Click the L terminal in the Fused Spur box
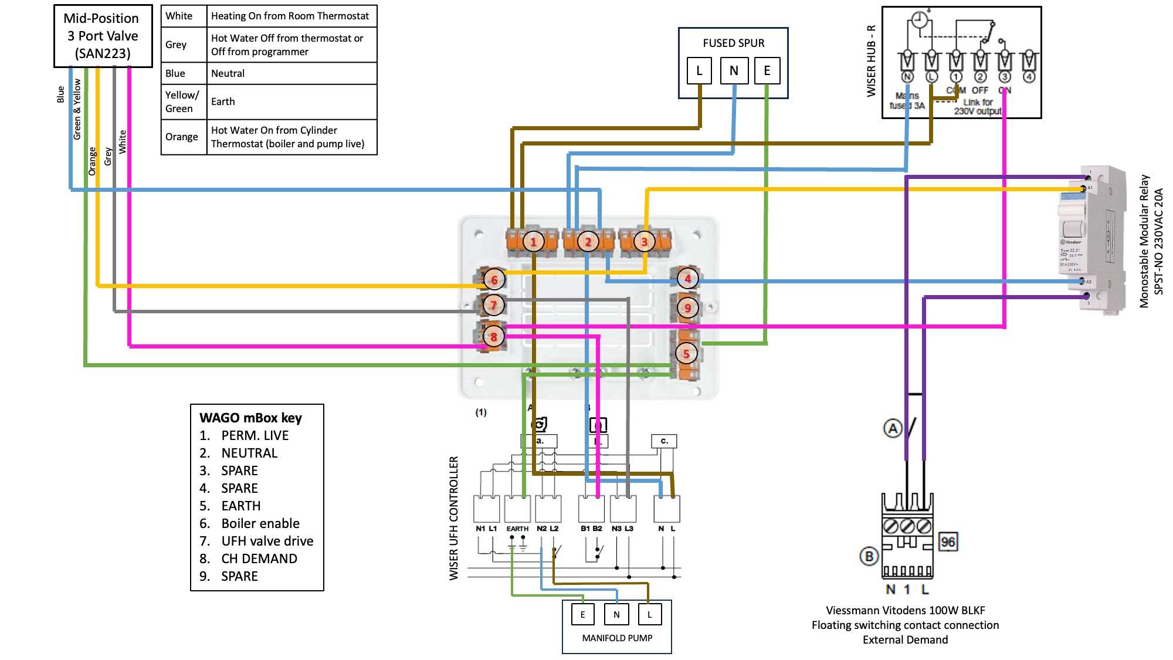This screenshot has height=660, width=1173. (699, 71)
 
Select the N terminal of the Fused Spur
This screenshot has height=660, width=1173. (734, 71)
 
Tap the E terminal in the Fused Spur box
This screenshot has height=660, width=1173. (767, 71)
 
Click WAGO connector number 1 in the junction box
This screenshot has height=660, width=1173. (533, 241)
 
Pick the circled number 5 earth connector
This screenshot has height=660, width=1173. (686, 354)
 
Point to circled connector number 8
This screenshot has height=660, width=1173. (494, 337)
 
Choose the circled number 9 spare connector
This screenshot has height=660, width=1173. (687, 307)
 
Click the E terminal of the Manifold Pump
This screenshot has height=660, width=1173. (582, 614)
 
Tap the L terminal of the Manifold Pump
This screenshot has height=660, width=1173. (649, 614)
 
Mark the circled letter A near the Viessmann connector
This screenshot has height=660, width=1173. (892, 428)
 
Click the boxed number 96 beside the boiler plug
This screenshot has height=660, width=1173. (948, 542)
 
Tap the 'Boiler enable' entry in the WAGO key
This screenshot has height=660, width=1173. (260, 523)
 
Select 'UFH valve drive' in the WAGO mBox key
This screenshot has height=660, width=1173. (267, 541)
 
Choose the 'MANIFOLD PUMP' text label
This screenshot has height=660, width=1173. (617, 638)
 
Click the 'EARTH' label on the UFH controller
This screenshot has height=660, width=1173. (517, 529)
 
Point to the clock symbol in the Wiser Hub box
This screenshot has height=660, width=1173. (920, 21)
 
